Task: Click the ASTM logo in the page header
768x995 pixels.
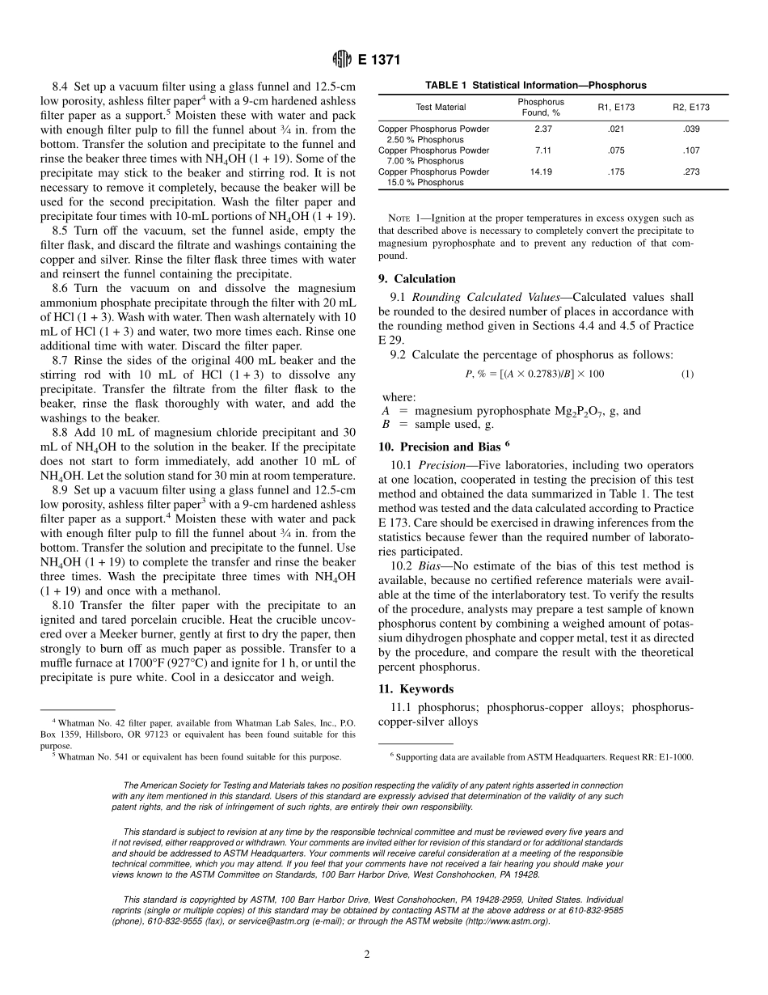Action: click(x=342, y=60)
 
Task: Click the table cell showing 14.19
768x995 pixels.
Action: click(x=541, y=171)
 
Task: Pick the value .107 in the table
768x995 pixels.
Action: click(x=690, y=150)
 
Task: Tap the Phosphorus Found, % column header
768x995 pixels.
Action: click(x=541, y=107)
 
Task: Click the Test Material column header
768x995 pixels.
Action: click(x=441, y=107)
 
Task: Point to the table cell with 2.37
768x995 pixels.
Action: click(x=541, y=128)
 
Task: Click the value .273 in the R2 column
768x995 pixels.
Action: click(x=690, y=171)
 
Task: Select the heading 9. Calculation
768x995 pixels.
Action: click(x=417, y=279)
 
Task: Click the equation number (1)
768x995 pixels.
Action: click(x=686, y=374)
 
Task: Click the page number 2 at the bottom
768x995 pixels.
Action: click(x=367, y=955)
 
